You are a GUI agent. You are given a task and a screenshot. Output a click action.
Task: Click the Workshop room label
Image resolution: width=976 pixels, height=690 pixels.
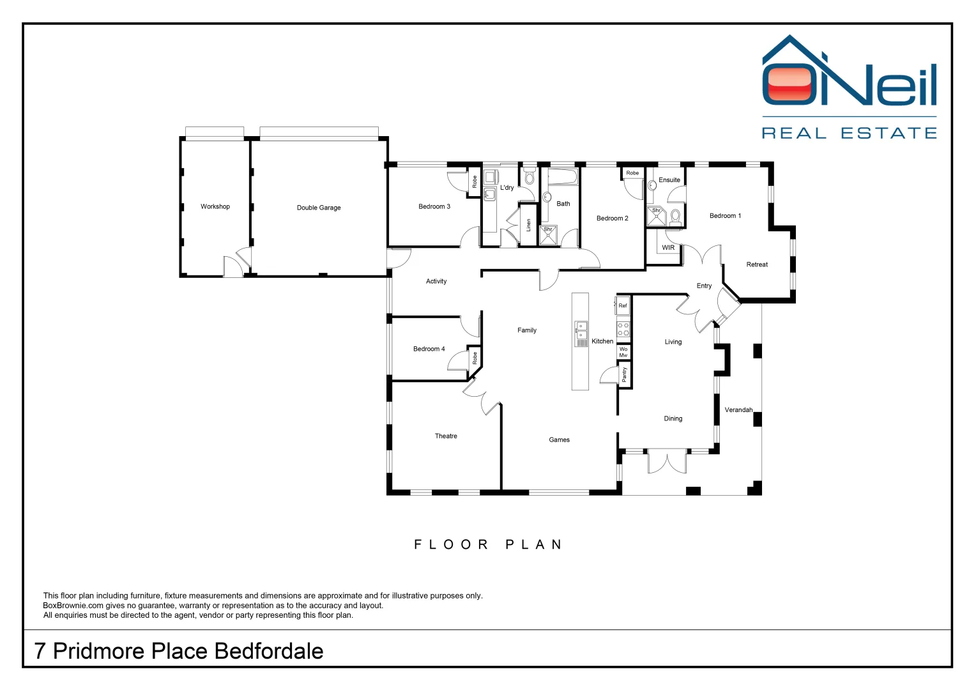215,206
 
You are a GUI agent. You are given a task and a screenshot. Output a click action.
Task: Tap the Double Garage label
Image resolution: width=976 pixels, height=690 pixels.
319,208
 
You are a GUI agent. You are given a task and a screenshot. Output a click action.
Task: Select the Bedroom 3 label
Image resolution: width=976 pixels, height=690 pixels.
434,206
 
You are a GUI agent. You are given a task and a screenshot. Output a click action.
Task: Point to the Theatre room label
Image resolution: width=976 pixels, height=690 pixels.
446,436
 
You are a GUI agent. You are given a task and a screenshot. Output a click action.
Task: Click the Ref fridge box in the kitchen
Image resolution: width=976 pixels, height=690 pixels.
623,305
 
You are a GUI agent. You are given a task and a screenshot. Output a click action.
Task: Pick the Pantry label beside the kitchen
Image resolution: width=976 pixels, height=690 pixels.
625,374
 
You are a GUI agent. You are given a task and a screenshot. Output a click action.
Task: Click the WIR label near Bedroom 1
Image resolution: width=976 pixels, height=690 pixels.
668,248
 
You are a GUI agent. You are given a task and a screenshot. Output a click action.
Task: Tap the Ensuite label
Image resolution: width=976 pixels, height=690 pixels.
669,180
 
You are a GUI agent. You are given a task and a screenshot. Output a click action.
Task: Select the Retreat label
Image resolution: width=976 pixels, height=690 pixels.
757,264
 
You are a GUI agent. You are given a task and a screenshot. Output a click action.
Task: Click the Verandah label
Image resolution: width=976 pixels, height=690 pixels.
738,410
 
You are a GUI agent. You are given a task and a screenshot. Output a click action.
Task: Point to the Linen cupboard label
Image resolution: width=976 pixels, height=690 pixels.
528,225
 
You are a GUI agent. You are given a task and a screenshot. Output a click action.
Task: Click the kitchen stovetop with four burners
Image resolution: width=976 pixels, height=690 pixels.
623,330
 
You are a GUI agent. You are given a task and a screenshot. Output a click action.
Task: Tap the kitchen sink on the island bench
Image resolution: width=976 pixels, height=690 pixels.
581,330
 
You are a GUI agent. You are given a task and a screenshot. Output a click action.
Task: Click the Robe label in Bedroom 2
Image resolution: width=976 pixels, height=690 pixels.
632,173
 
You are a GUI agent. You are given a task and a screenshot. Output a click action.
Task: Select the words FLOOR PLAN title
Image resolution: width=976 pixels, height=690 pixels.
489,545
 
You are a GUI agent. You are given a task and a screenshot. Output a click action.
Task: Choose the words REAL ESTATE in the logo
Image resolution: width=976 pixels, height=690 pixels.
849,134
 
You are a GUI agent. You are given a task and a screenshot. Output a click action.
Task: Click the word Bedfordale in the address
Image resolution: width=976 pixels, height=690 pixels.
269,651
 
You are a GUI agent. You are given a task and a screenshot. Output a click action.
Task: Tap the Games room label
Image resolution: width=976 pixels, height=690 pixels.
559,440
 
